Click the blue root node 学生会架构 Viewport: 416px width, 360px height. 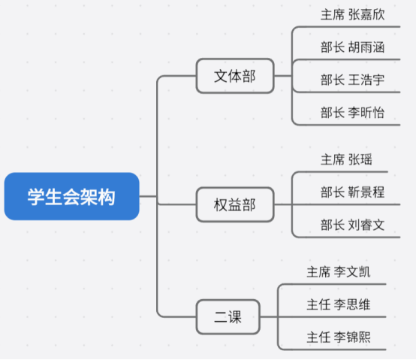[71, 196]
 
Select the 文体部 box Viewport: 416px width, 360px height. [235, 76]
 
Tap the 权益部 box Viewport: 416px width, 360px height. [235, 204]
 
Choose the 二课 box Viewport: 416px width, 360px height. [228, 316]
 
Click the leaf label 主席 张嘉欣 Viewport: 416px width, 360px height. [353, 14]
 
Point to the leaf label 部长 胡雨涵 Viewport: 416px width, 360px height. [353, 47]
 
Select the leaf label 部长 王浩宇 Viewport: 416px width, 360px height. [353, 80]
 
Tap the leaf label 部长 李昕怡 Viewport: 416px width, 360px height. [353, 113]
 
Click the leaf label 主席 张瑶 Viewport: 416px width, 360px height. [346, 159]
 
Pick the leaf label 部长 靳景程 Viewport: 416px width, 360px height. [353, 192]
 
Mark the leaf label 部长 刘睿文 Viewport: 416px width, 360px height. [353, 225]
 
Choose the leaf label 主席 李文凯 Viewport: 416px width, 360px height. [339, 272]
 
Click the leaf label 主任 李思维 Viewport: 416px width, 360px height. [339, 304]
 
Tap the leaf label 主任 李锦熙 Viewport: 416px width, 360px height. [339, 337]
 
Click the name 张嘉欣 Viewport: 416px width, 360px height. [366, 14]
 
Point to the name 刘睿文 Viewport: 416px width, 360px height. [366, 225]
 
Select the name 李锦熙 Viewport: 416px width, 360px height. [352, 337]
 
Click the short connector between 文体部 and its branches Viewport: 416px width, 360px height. [283, 76]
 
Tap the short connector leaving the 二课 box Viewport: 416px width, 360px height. [269, 316]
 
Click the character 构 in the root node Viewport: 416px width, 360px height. [107, 197]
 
